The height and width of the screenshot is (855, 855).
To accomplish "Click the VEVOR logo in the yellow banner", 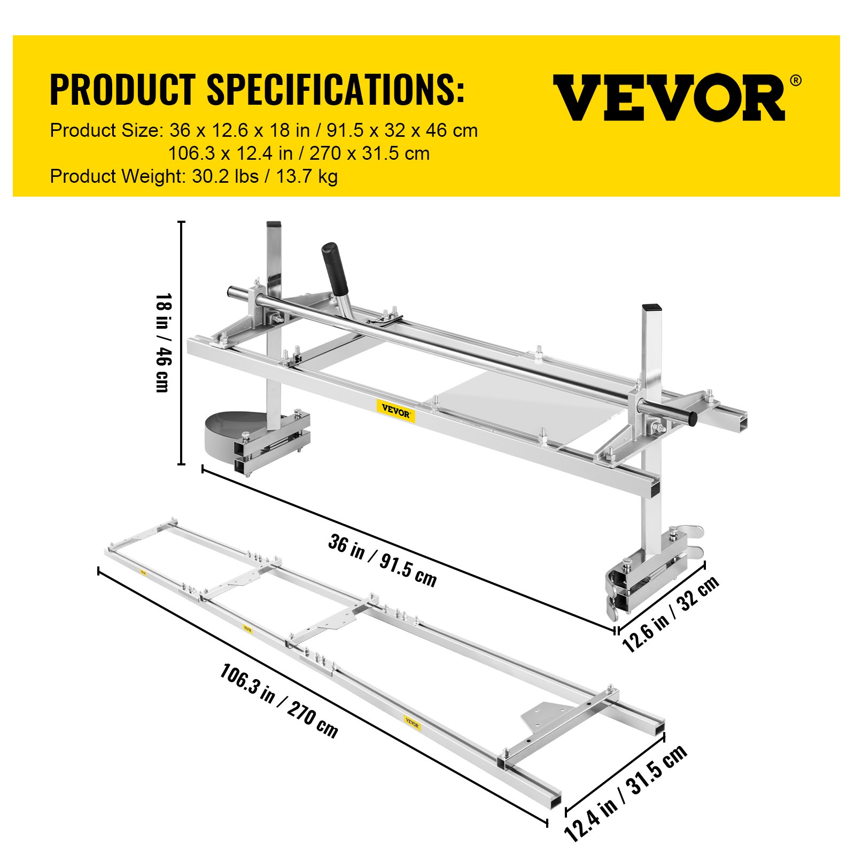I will [669, 97].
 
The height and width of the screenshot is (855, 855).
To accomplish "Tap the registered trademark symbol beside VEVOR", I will [795, 81].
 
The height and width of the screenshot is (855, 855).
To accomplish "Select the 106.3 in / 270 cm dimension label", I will [278, 701].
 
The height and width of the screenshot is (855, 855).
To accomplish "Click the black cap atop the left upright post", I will [274, 225].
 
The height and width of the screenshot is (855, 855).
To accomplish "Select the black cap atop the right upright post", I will [651, 308].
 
